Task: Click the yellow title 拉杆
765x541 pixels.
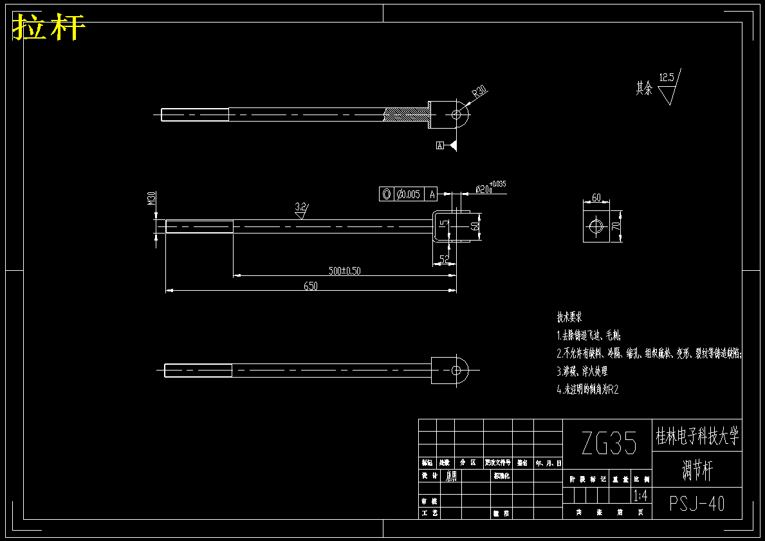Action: pyautogui.click(x=49, y=28)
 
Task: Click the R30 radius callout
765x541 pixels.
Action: pyautogui.click(x=479, y=92)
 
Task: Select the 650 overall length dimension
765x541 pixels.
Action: pyautogui.click(x=310, y=286)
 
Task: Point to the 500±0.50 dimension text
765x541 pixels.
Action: pyautogui.click(x=344, y=271)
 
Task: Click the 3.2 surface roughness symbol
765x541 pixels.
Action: pyautogui.click(x=300, y=208)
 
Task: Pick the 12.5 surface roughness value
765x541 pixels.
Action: pyautogui.click(x=667, y=78)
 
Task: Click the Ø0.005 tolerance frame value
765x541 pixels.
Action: pyautogui.click(x=409, y=194)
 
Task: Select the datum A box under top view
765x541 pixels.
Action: pyautogui.click(x=440, y=146)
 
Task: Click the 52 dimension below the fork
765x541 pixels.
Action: pyautogui.click(x=444, y=259)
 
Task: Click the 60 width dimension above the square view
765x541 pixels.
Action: pyautogui.click(x=596, y=198)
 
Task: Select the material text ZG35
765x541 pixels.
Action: pyautogui.click(x=608, y=444)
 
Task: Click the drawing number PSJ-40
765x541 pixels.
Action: pyautogui.click(x=697, y=504)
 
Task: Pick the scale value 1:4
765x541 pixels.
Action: pyautogui.click(x=641, y=496)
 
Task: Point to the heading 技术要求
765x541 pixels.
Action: pyautogui.click(x=569, y=317)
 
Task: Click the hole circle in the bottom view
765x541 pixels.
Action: pyautogui.click(x=456, y=370)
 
